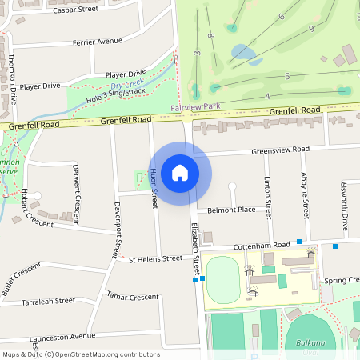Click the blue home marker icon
tap(180, 172)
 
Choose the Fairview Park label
tap(195, 107)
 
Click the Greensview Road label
tap(280, 150)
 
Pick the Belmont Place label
tap(231, 210)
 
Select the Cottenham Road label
tap(261, 246)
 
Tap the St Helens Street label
tap(155, 259)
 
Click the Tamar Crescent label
tap(132, 296)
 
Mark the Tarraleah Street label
tap(48, 302)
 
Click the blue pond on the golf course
tap(245, 54)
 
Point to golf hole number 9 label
tap(310, 29)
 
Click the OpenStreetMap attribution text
tap(80, 354)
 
